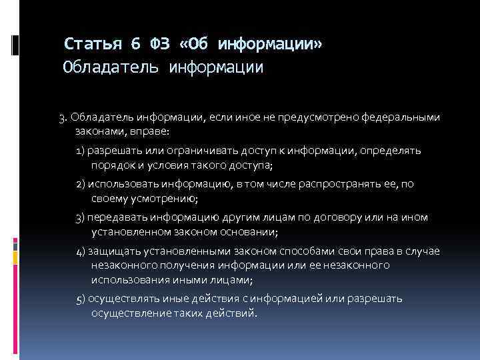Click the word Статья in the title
click(x=93, y=45)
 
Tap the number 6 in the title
click(x=136, y=45)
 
